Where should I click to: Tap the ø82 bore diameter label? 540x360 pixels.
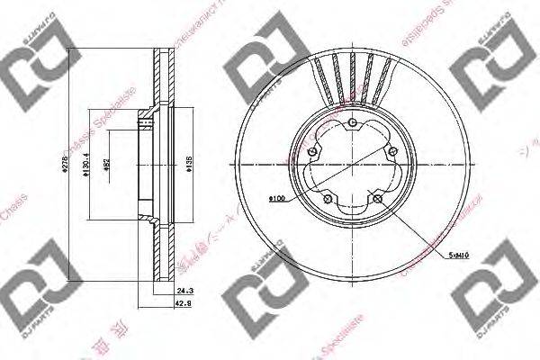click(106, 166)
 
